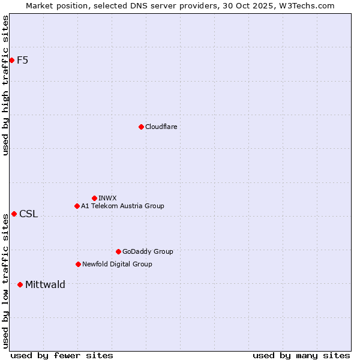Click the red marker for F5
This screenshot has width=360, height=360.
pyautogui.click(x=11, y=60)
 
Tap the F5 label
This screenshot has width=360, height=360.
pyautogui.click(x=23, y=60)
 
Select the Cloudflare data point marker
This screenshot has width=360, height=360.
pyautogui.click(x=141, y=127)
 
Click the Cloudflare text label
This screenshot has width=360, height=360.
pyautogui.click(x=161, y=127)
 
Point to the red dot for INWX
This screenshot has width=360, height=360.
pyautogui.click(x=94, y=198)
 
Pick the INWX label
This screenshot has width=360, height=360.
pyautogui.click(x=107, y=198)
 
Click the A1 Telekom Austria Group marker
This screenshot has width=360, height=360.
pyautogui.click(x=77, y=206)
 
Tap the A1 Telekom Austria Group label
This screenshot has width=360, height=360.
pyautogui.click(x=122, y=206)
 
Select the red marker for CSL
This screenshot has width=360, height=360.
pyautogui.click(x=14, y=214)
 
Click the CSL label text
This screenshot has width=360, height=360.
pyautogui.click(x=28, y=214)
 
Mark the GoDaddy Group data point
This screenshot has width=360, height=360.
pyautogui.click(x=118, y=251)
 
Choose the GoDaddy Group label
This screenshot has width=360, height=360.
pyautogui.click(x=148, y=251)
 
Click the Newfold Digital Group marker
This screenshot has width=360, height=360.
pyautogui.click(x=78, y=264)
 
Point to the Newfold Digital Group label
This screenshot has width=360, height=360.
pyautogui.click(x=117, y=264)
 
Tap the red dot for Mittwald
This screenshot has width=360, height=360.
pyautogui.click(x=20, y=284)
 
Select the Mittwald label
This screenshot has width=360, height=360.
pyautogui.click(x=45, y=285)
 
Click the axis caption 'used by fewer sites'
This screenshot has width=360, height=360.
pyautogui.click(x=62, y=355)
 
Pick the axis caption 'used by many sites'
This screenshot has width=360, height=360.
pyautogui.click(x=301, y=355)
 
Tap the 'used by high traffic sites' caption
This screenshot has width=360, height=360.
pyautogui.click(x=6, y=85)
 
